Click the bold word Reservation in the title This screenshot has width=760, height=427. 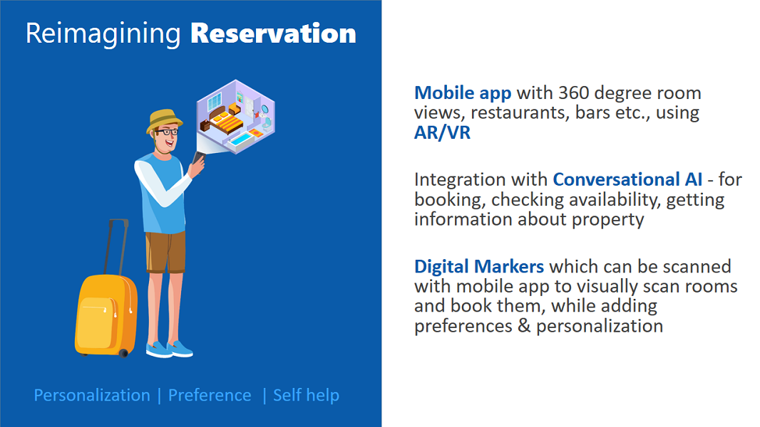(x=273, y=33)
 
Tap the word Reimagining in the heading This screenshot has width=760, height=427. (x=103, y=35)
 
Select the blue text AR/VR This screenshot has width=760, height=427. (x=442, y=132)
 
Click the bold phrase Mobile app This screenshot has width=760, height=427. (x=463, y=93)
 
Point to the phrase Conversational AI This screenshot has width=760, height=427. (x=627, y=179)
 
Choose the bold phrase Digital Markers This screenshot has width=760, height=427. (x=479, y=266)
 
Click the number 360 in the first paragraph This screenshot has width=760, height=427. (x=574, y=93)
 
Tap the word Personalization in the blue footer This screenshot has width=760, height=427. (x=92, y=395)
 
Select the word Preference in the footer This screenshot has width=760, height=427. (x=210, y=395)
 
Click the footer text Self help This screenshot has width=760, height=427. (x=306, y=395)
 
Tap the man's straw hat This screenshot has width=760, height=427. (x=164, y=120)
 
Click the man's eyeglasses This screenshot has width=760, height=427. (x=167, y=132)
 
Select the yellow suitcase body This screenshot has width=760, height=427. (x=106, y=315)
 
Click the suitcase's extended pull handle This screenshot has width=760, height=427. (x=116, y=247)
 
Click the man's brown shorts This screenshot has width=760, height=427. (x=165, y=252)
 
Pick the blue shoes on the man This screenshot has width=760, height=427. (x=170, y=349)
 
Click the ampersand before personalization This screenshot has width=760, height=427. (x=524, y=326)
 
